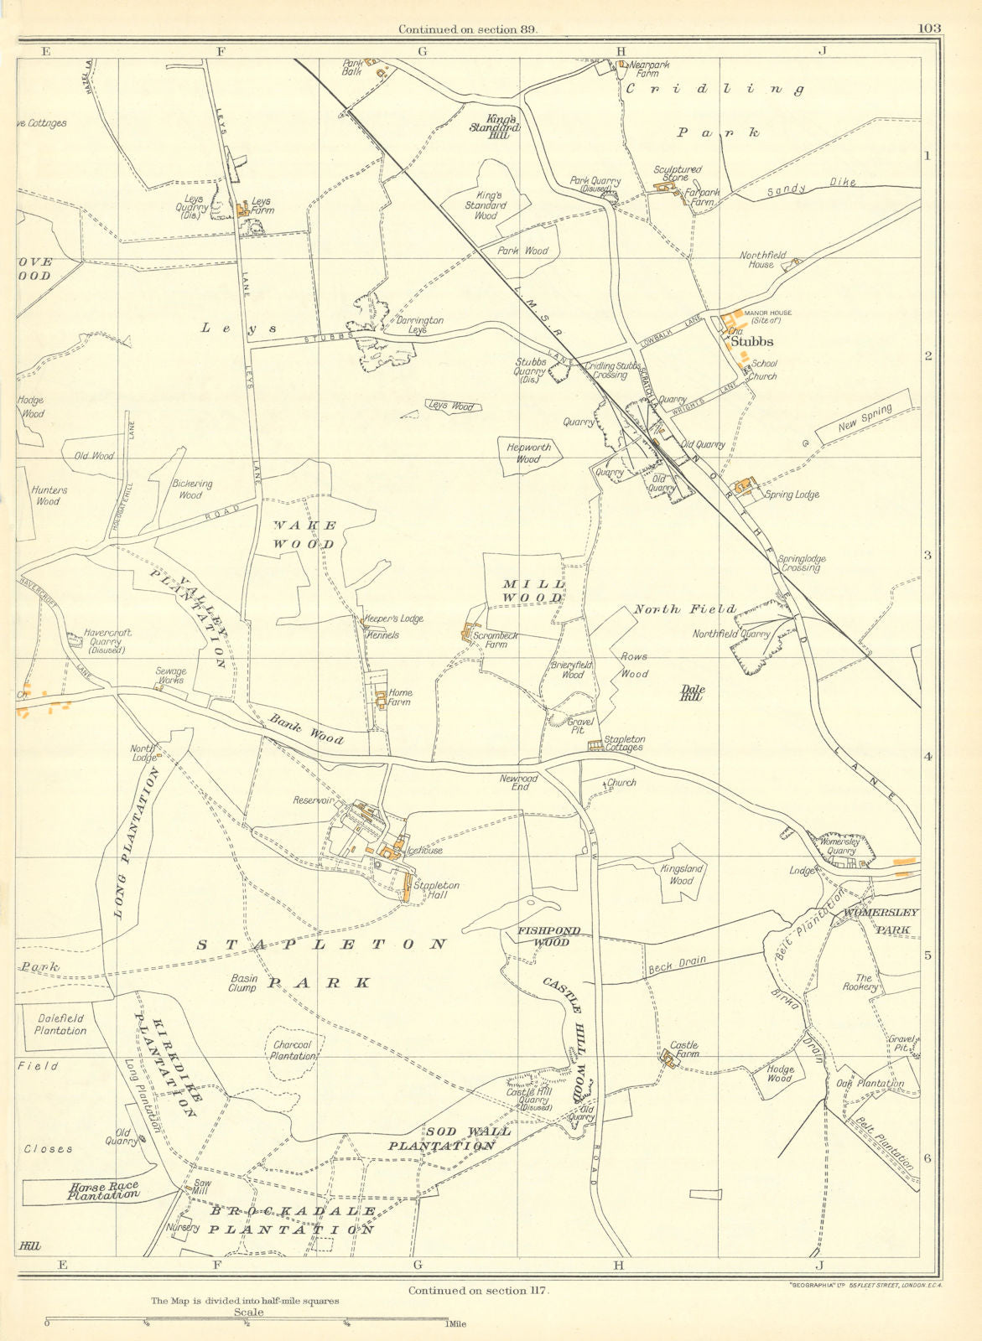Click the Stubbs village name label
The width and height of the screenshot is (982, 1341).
pyautogui.click(x=751, y=342)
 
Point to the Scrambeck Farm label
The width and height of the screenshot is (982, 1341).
pyautogui.click(x=495, y=640)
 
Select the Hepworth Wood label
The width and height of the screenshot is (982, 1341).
pyautogui.click(x=529, y=453)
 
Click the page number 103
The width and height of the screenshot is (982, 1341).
pyautogui.click(x=929, y=28)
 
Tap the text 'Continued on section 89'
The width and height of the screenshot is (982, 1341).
pyautogui.click(x=467, y=28)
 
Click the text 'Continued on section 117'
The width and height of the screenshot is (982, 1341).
pyautogui.click(x=478, y=1291)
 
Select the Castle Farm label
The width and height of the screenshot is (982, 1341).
pyautogui.click(x=684, y=1050)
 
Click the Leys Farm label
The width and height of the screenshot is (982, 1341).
pyautogui.click(x=262, y=206)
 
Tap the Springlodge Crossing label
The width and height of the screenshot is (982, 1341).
pyautogui.click(x=800, y=563)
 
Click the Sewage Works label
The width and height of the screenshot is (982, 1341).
pyautogui.click(x=170, y=676)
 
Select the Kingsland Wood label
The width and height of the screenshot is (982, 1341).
pyautogui.click(x=681, y=875)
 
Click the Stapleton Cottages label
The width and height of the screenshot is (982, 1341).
pyautogui.click(x=625, y=743)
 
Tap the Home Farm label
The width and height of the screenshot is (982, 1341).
pyautogui.click(x=400, y=698)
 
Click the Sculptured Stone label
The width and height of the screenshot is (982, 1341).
pyautogui.click(x=678, y=173)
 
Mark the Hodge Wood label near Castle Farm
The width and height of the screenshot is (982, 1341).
pyautogui.click(x=780, y=1074)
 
